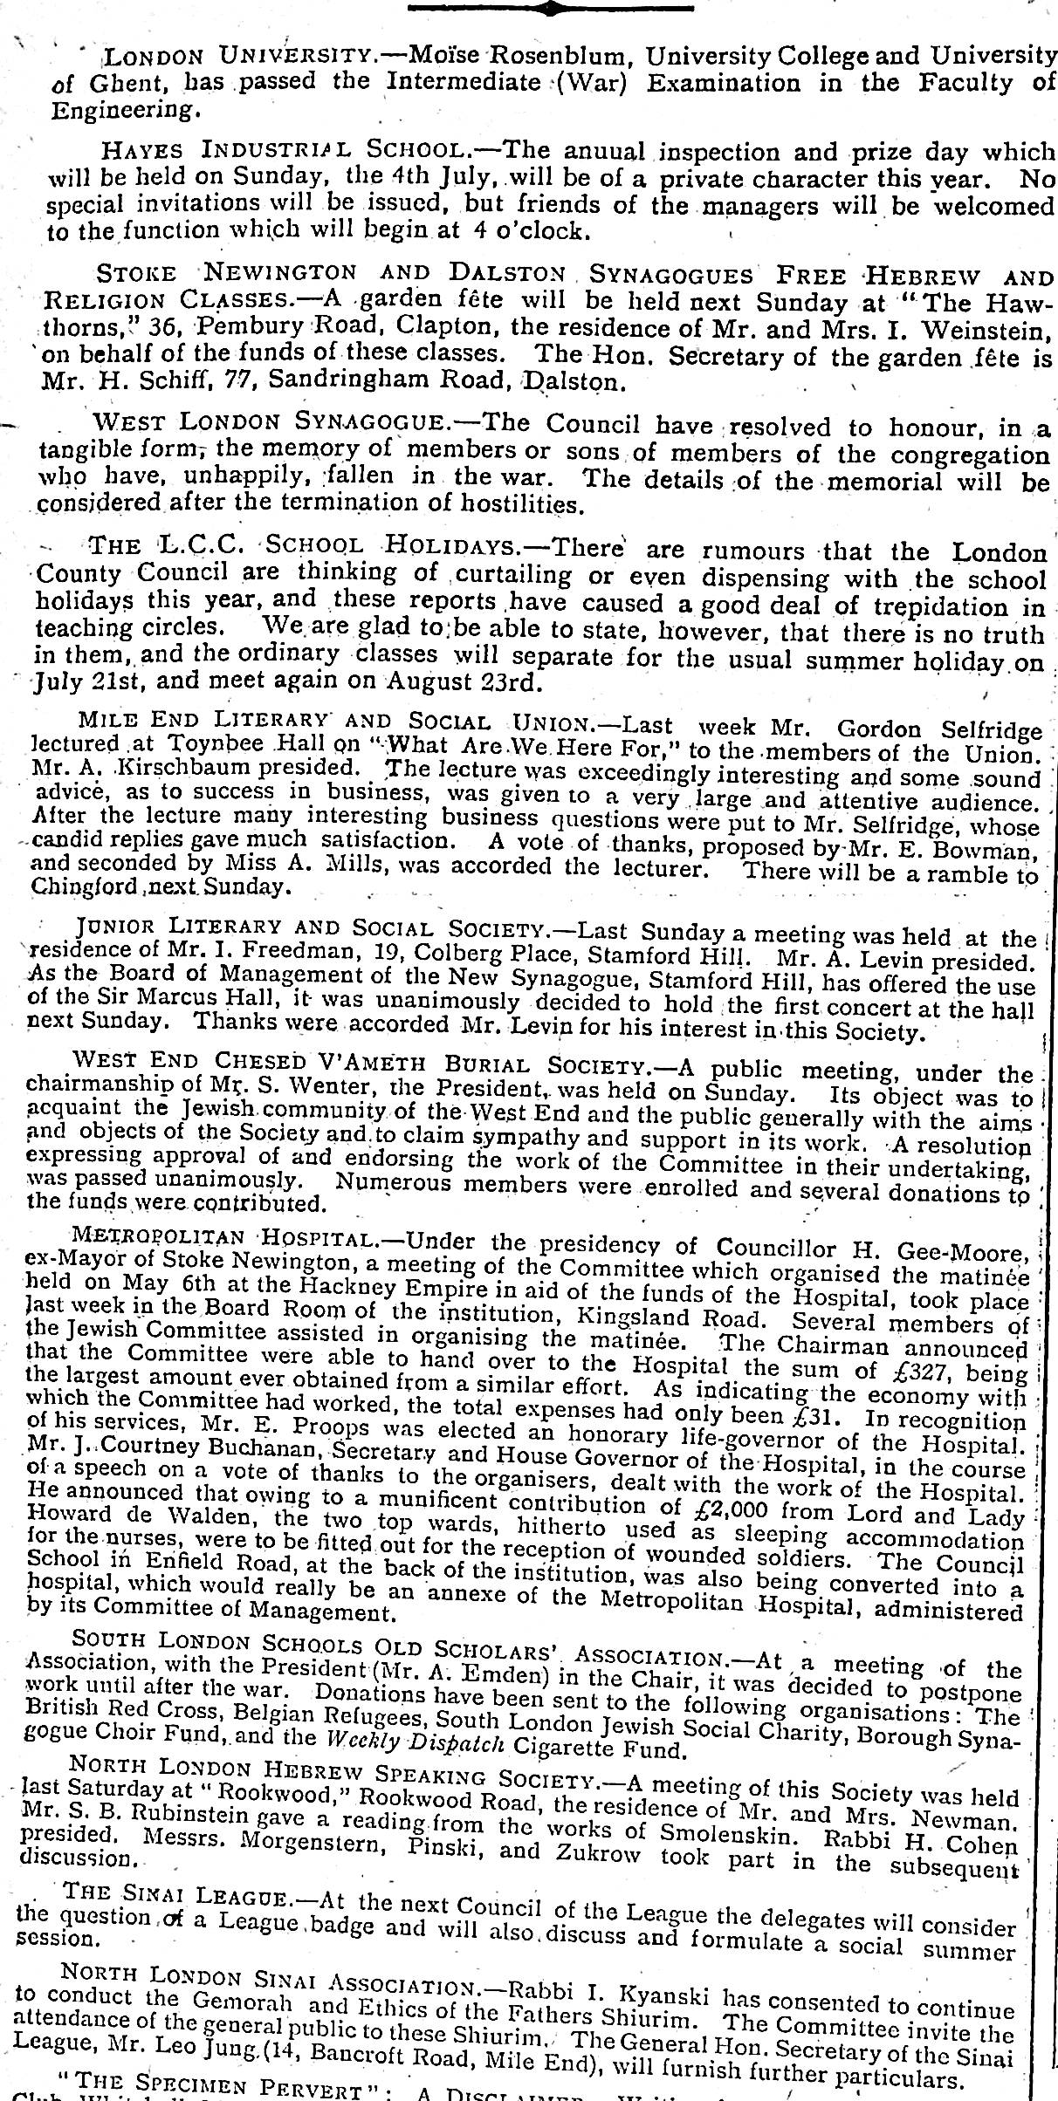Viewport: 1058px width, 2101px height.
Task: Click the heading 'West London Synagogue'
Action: tap(271, 423)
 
